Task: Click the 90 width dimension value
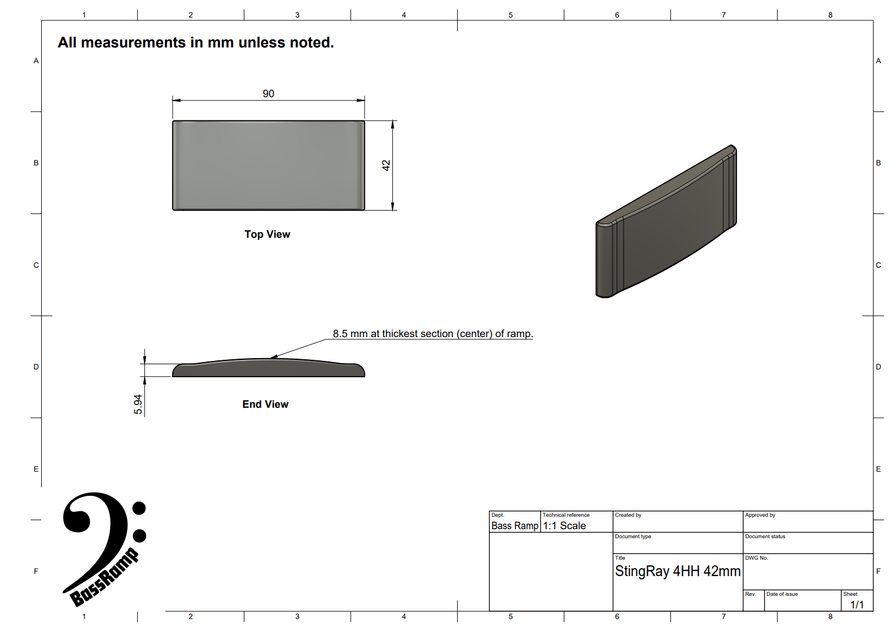(x=268, y=94)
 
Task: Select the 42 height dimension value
(x=386, y=165)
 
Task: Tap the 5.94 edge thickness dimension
(x=138, y=404)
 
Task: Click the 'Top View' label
(x=267, y=234)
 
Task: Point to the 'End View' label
(x=265, y=404)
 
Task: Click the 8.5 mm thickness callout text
(x=433, y=334)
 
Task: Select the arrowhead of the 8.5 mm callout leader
(x=274, y=356)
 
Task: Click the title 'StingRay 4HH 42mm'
(x=678, y=571)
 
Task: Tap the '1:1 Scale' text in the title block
(x=564, y=526)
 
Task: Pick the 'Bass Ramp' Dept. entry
(x=515, y=526)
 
